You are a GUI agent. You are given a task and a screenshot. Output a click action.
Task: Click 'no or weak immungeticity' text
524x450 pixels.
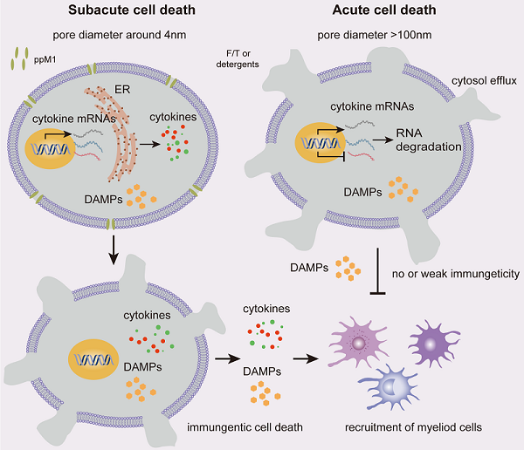tap(456, 274)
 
